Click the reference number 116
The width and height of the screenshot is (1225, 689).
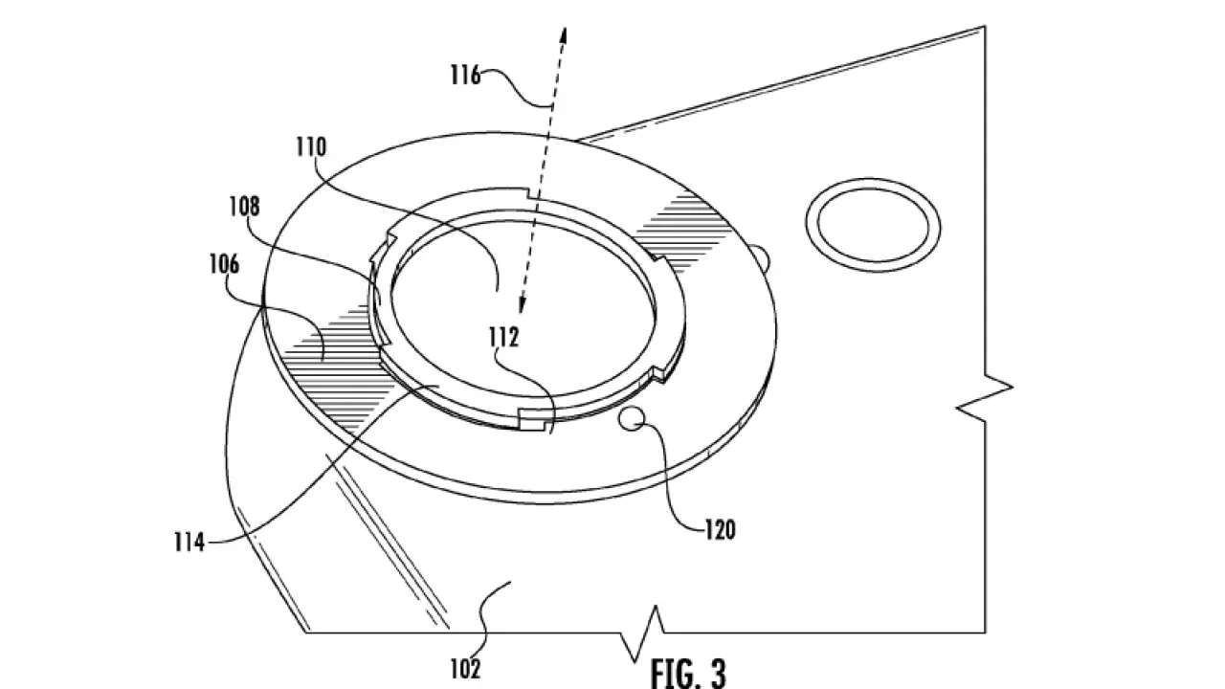pyautogui.click(x=465, y=75)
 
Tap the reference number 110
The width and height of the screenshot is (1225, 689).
pyautogui.click(x=311, y=147)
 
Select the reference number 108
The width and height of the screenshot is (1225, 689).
pyautogui.click(x=244, y=207)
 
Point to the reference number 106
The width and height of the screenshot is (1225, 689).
pyautogui.click(x=224, y=264)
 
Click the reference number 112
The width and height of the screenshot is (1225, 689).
pyautogui.click(x=503, y=338)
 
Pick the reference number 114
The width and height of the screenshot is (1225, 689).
pyautogui.click(x=189, y=543)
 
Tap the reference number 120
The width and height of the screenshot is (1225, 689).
pyautogui.click(x=721, y=530)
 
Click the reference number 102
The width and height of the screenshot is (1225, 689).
pyautogui.click(x=465, y=669)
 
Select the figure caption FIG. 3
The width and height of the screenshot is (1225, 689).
pyautogui.click(x=688, y=674)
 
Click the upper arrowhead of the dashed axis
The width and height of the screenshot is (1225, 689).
pyautogui.click(x=564, y=33)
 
